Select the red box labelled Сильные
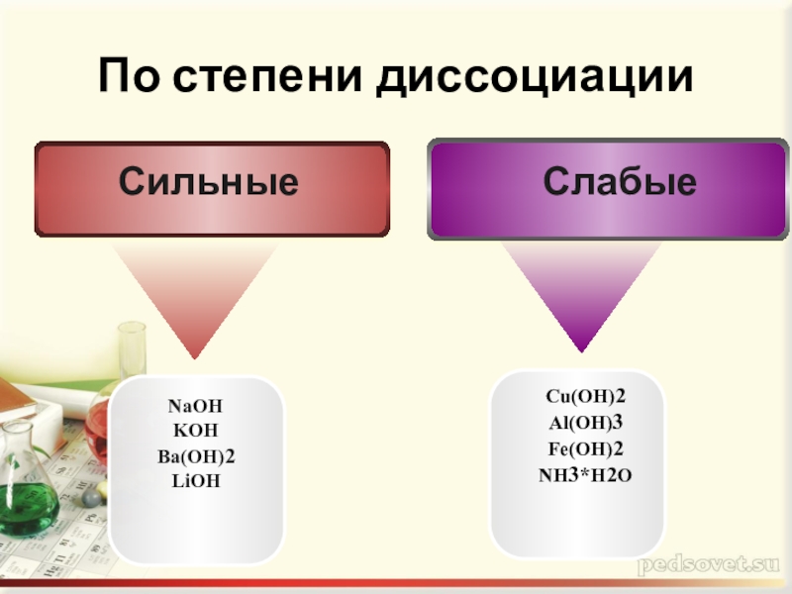coord(211,188)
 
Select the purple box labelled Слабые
coord(606,189)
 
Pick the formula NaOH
coord(195,407)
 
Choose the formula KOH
coord(195,431)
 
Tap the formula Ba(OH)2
coord(195,456)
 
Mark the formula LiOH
coord(195,480)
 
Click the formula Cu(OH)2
coord(585,397)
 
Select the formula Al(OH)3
coord(585,423)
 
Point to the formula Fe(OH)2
coord(585,448)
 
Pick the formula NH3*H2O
coord(585,475)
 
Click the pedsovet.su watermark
coord(709,566)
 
